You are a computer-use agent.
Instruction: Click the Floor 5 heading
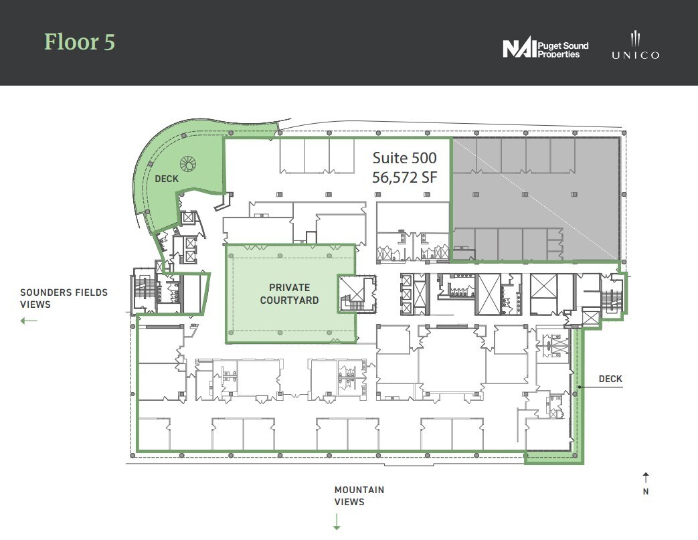click(80, 41)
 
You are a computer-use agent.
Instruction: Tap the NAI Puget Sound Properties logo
click(545, 49)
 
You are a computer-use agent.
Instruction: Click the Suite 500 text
click(404, 158)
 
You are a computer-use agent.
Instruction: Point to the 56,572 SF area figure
click(404, 178)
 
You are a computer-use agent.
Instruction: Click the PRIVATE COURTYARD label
click(289, 294)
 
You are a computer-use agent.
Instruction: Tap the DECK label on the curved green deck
click(167, 179)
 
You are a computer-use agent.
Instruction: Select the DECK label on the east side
click(610, 379)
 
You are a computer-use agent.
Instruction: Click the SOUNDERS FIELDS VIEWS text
click(64, 298)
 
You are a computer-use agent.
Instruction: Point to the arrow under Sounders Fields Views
click(29, 321)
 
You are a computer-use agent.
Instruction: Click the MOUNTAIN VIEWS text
click(359, 496)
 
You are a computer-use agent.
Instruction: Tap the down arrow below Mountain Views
click(337, 521)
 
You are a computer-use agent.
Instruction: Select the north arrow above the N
click(645, 477)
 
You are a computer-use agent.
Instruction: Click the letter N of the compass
click(645, 492)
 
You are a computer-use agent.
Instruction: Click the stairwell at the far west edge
click(143, 290)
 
